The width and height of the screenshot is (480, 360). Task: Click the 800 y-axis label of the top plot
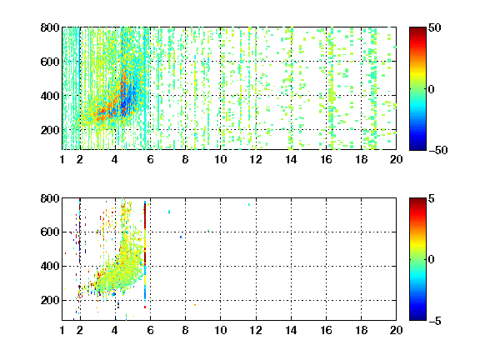(x=50, y=27)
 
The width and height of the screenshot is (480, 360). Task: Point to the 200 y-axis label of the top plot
(x=50, y=130)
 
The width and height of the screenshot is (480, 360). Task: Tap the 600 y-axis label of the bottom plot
(x=50, y=232)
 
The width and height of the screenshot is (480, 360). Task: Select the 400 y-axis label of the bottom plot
(x=50, y=266)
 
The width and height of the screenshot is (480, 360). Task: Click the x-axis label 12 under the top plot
(x=256, y=159)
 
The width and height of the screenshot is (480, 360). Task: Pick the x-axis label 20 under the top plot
(x=396, y=159)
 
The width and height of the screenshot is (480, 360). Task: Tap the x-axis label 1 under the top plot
(x=62, y=159)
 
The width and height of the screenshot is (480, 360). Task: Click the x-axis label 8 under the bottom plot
(x=185, y=330)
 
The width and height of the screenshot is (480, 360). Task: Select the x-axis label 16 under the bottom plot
(x=326, y=330)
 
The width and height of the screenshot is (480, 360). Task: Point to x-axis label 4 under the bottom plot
(x=115, y=330)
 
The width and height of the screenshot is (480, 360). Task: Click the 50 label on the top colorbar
(x=434, y=27)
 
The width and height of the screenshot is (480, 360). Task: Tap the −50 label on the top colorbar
(x=437, y=150)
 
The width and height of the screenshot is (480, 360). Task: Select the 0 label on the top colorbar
(x=431, y=89)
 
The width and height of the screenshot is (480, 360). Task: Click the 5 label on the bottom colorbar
(x=431, y=198)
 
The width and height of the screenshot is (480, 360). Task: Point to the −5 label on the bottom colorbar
(x=434, y=321)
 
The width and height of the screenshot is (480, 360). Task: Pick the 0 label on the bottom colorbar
(x=431, y=260)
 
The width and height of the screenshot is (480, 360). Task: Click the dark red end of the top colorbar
(x=417, y=30)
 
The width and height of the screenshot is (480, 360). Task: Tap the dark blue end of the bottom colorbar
(x=417, y=317)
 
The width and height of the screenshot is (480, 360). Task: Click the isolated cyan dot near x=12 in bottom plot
(x=249, y=204)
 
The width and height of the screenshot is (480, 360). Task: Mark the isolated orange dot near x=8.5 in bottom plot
(x=195, y=305)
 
